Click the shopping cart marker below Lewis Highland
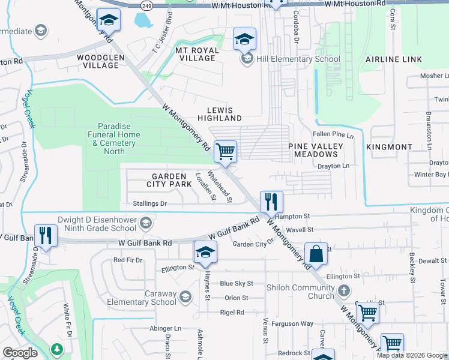coord(225,151)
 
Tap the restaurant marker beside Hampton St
coord(271,202)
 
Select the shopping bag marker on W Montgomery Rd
coord(316,253)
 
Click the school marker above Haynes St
coord(205,252)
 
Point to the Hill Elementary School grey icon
coord(246,59)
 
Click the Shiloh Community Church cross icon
coord(343,291)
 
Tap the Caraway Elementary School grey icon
coord(185,296)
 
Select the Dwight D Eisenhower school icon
coord(144,224)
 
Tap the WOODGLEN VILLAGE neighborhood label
coord(100,62)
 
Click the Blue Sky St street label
coord(237,283)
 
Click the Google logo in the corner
coord(20,353)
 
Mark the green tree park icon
coord(57,349)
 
